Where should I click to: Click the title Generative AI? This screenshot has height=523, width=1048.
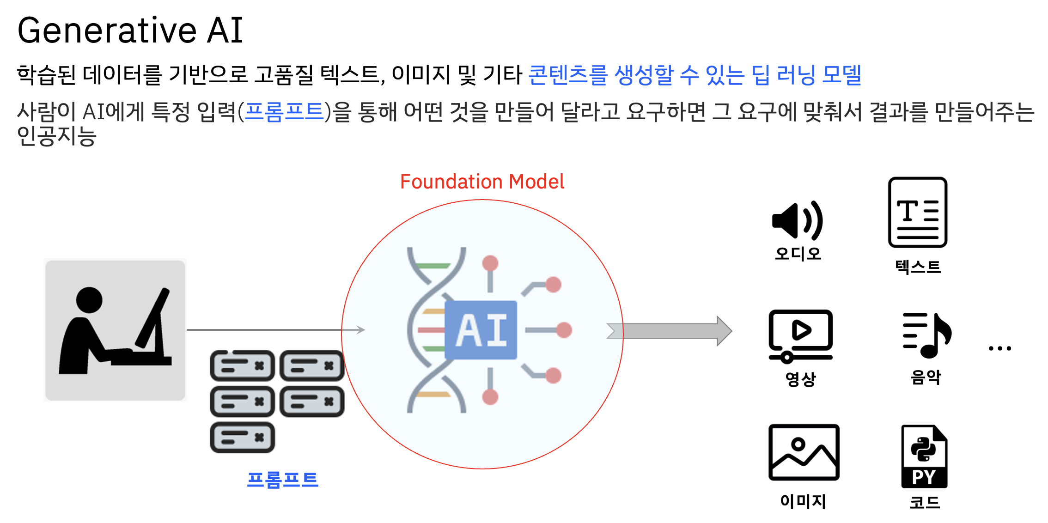click(x=130, y=30)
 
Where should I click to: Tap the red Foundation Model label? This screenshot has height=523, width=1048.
click(x=482, y=182)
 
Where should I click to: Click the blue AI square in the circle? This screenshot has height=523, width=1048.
click(x=481, y=330)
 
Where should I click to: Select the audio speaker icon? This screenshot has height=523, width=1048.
click(x=797, y=221)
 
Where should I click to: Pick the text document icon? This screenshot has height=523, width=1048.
click(x=917, y=213)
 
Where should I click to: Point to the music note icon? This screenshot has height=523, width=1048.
click(x=927, y=335)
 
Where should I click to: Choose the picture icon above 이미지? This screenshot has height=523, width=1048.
click(x=804, y=452)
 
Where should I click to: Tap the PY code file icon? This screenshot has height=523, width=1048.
click(x=924, y=456)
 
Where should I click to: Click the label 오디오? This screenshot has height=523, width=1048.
click(x=798, y=254)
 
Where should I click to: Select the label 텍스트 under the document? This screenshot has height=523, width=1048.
click(x=918, y=267)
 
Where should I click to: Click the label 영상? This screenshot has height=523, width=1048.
click(x=800, y=379)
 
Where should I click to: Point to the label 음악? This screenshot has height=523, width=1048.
click(x=926, y=377)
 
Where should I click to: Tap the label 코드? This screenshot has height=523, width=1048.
click(x=925, y=502)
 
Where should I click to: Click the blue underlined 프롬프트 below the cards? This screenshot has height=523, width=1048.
click(x=282, y=480)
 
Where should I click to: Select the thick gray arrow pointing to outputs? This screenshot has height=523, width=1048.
click(x=670, y=331)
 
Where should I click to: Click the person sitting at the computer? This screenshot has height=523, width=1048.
click(x=115, y=330)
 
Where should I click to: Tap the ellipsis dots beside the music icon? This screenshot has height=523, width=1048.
click(x=999, y=348)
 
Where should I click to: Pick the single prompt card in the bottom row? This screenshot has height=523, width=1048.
click(x=243, y=438)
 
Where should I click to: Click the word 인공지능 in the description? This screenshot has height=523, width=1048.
click(x=56, y=137)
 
